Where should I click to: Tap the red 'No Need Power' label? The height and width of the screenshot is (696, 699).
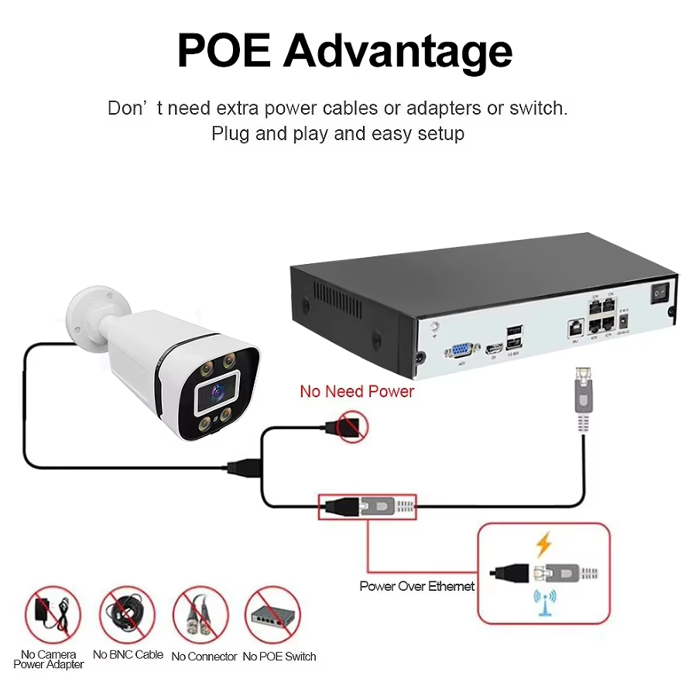pos(357,391)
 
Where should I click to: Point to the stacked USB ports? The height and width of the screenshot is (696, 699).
pos(515,338)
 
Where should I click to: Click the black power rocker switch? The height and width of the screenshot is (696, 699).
pos(660,294)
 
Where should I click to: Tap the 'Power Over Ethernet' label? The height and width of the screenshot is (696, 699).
pos(417,586)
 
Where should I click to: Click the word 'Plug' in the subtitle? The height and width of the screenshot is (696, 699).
pos(229,134)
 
